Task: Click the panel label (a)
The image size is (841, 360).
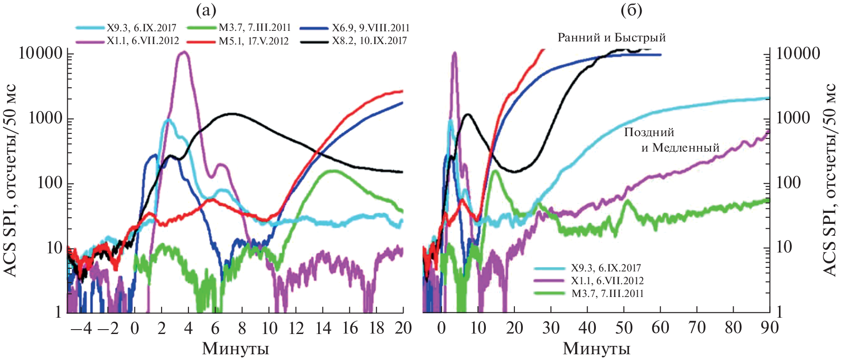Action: (206, 11)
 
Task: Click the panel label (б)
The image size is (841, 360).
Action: (631, 11)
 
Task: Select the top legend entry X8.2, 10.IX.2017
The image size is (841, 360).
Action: (369, 41)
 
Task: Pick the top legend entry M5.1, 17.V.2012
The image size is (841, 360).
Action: (253, 41)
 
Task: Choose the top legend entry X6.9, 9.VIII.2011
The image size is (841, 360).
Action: (371, 28)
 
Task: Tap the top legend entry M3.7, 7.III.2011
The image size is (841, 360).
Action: (255, 28)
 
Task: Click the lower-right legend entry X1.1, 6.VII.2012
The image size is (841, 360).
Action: (607, 281)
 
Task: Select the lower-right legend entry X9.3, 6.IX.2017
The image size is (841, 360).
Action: (606, 268)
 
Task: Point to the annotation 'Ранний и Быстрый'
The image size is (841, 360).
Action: (611, 37)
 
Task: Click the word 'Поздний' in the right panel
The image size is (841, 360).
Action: (649, 132)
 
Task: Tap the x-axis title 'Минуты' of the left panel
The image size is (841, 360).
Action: (235, 349)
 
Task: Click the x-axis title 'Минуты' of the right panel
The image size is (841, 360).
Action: (596, 349)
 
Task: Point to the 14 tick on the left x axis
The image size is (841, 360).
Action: (323, 328)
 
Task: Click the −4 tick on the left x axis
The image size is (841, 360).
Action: (82, 328)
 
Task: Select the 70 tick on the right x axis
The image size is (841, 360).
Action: (697, 328)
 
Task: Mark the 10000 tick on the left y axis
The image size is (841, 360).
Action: (40, 53)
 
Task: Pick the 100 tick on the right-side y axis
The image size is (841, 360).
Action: (788, 183)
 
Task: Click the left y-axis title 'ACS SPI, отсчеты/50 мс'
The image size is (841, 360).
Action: (11, 180)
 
